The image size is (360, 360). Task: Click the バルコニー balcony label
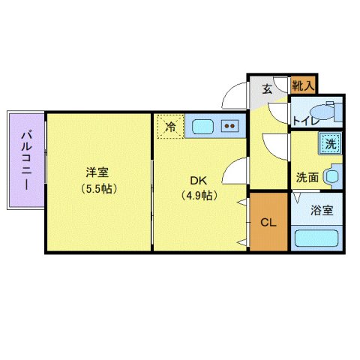pyautogui.click(x=26, y=159)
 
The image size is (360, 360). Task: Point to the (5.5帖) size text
pyautogui.click(x=97, y=188)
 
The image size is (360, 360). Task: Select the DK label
pyautogui.click(x=198, y=181)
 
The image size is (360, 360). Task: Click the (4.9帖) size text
pyautogui.click(x=198, y=196)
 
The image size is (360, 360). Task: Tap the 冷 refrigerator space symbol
pyautogui.click(x=170, y=125)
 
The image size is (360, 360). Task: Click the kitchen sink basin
pyautogui.click(x=202, y=126)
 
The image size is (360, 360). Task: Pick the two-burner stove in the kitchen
pyautogui.click(x=231, y=126)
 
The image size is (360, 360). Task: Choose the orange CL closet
pyautogui.click(x=268, y=222)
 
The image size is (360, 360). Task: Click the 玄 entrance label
pyautogui.click(x=267, y=88)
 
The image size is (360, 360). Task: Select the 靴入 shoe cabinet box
pyautogui.click(x=303, y=85)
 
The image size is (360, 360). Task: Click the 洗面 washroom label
pyautogui.click(x=307, y=178)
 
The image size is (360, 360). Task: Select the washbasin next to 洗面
pyautogui.click(x=335, y=178)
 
